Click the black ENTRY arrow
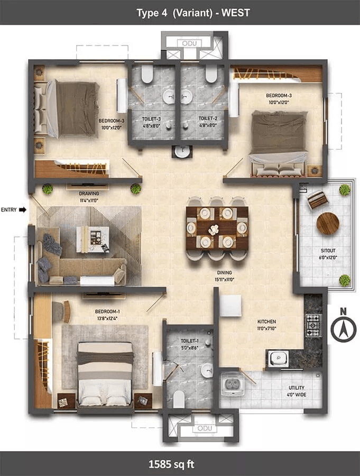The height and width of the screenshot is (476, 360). pyautogui.click(x=23, y=209)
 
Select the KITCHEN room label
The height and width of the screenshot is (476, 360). pyautogui.click(x=267, y=322)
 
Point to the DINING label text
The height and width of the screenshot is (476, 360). pyautogui.click(x=224, y=272)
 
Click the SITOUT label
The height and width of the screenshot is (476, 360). pyautogui.click(x=328, y=251)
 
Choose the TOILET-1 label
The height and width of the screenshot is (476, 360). pyautogui.click(x=190, y=341)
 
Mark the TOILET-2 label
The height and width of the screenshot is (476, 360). pyautogui.click(x=208, y=118)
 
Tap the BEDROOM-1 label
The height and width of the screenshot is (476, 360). pyautogui.click(x=107, y=312)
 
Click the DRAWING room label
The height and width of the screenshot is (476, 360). pyautogui.click(x=89, y=194)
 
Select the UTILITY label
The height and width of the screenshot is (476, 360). pyautogui.click(x=297, y=388)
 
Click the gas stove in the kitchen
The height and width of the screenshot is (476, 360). pyautogui.click(x=313, y=325)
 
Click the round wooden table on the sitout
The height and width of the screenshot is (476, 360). pyautogui.click(x=328, y=223)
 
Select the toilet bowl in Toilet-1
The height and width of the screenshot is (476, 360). pyautogui.click(x=179, y=399)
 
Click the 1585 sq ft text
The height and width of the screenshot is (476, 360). pyautogui.click(x=171, y=464)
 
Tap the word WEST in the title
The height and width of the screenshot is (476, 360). pyautogui.click(x=236, y=13)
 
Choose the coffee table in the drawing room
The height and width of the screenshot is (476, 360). pyautogui.click(x=93, y=239)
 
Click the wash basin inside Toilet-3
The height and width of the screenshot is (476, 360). pyautogui.click(x=169, y=97)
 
